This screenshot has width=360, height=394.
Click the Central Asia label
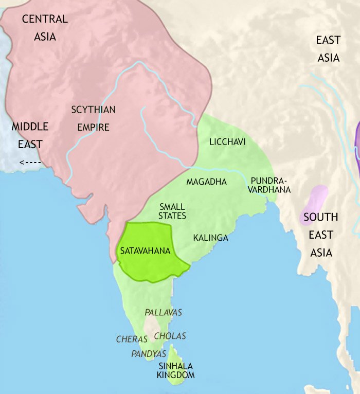click(45, 28)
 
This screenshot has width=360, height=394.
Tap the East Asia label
click(328, 48)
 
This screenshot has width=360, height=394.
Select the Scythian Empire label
click(93, 118)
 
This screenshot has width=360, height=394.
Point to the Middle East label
click(30, 135)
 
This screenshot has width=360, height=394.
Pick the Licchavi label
click(227, 141)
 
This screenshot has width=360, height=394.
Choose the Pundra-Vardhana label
click(271, 185)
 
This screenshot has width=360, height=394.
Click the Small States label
click(173, 211)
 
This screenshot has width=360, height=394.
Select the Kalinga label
click(210, 238)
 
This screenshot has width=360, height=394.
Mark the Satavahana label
click(145, 252)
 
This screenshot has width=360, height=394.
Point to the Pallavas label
click(164, 312)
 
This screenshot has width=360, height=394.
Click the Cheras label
click(132, 339)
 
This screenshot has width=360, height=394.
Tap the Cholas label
click(170, 336)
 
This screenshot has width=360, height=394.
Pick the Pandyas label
click(149, 354)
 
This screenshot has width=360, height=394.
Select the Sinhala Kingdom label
click(176, 370)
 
